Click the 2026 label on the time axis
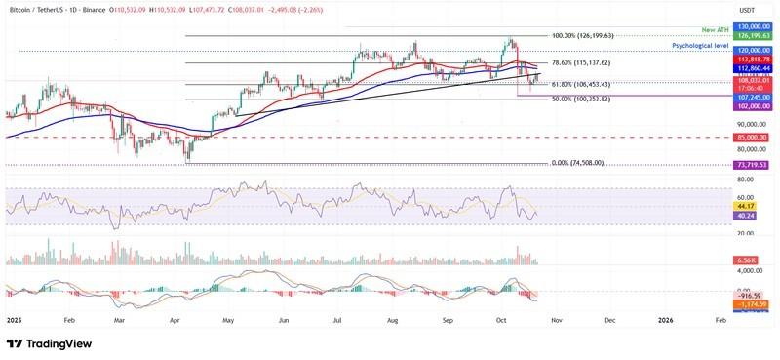(x=666, y=319)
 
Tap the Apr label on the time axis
(x=174, y=319)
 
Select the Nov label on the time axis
(x=555, y=319)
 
